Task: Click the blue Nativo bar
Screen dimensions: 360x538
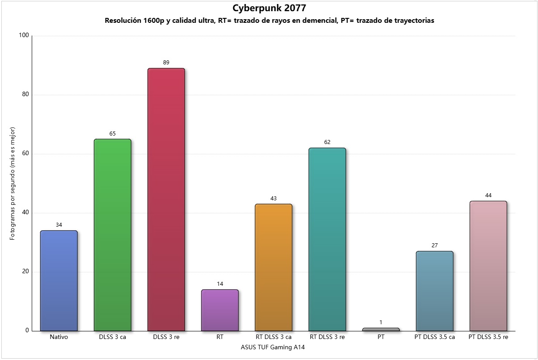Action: (59, 281)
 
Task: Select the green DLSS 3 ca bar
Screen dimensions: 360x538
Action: (113, 235)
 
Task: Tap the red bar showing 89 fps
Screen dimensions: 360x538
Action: (166, 199)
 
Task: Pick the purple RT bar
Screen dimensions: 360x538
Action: (220, 310)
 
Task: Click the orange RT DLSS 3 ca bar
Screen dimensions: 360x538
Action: (273, 267)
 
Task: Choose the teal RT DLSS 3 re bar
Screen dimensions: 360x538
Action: (327, 239)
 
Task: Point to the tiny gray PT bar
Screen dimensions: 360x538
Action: (381, 330)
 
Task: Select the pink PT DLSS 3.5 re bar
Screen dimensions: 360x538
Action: (488, 266)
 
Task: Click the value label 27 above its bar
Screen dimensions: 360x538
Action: (434, 246)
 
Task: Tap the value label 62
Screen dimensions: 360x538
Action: (327, 142)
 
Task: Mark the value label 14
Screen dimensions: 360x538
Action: (220, 284)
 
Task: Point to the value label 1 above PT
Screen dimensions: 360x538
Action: (381, 322)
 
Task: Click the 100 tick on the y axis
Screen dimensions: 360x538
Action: (24, 36)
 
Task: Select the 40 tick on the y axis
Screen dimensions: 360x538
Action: (25, 213)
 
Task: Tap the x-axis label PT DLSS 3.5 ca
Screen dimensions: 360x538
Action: (434, 337)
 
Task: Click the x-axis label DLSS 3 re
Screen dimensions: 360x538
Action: (166, 337)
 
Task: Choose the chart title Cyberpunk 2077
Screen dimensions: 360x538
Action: (269, 8)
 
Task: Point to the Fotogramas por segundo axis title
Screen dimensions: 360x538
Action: (13, 183)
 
